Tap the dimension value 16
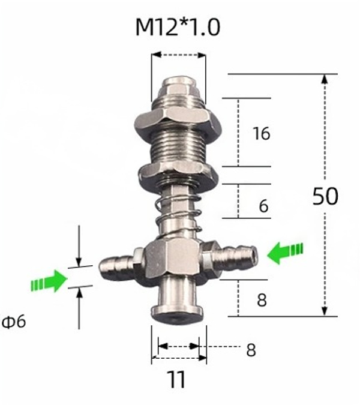pyautogui.click(x=261, y=133)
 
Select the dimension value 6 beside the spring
pyautogui.click(x=263, y=206)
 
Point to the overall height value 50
pyautogui.click(x=325, y=197)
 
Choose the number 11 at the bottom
pyautogui.click(x=176, y=380)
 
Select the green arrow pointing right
pyautogui.click(x=49, y=281)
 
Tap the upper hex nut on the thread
pyautogui.click(x=178, y=118)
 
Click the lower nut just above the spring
pyautogui.click(x=178, y=175)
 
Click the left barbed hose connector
pyautogui.click(x=119, y=262)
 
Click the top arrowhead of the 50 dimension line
pyautogui.click(x=325, y=79)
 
